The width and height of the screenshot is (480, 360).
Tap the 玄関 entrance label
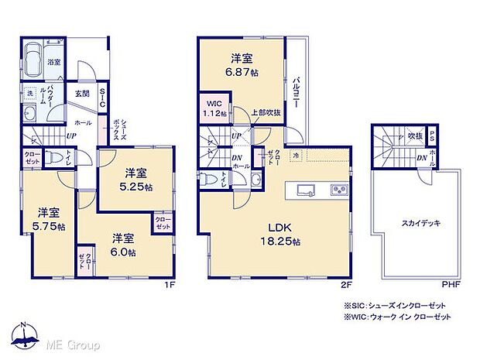[x=82, y=94]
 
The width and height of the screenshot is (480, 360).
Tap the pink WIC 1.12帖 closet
[x=214, y=108]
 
